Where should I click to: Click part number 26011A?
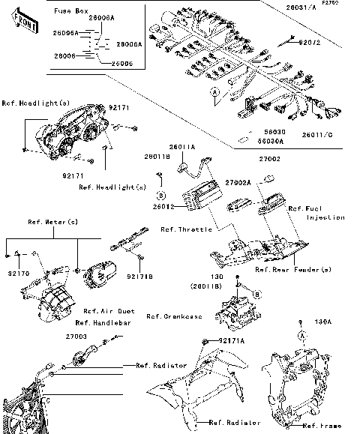click(x=202, y=148)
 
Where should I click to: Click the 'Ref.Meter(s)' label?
click(x=53, y=222)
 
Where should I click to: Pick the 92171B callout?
click(x=142, y=277)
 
